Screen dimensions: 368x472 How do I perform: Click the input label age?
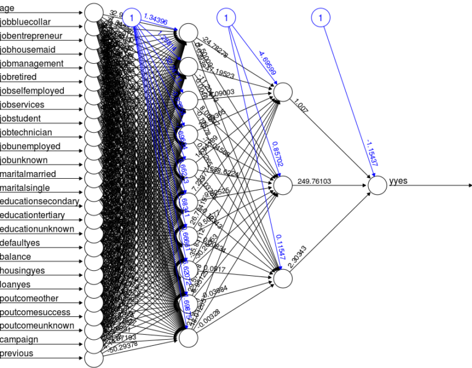pos(7,8)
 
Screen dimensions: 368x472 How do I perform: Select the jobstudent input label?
pos(26,119)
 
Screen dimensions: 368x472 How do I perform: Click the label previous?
pos(17,353)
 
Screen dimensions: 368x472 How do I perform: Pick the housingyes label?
pos(22,270)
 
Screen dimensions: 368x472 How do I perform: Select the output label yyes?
pos(399,182)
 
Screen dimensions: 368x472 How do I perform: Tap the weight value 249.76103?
pos(314,181)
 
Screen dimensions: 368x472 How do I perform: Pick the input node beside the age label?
pos(93,12)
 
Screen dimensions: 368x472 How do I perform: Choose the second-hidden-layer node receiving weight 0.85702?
pos(283,184)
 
